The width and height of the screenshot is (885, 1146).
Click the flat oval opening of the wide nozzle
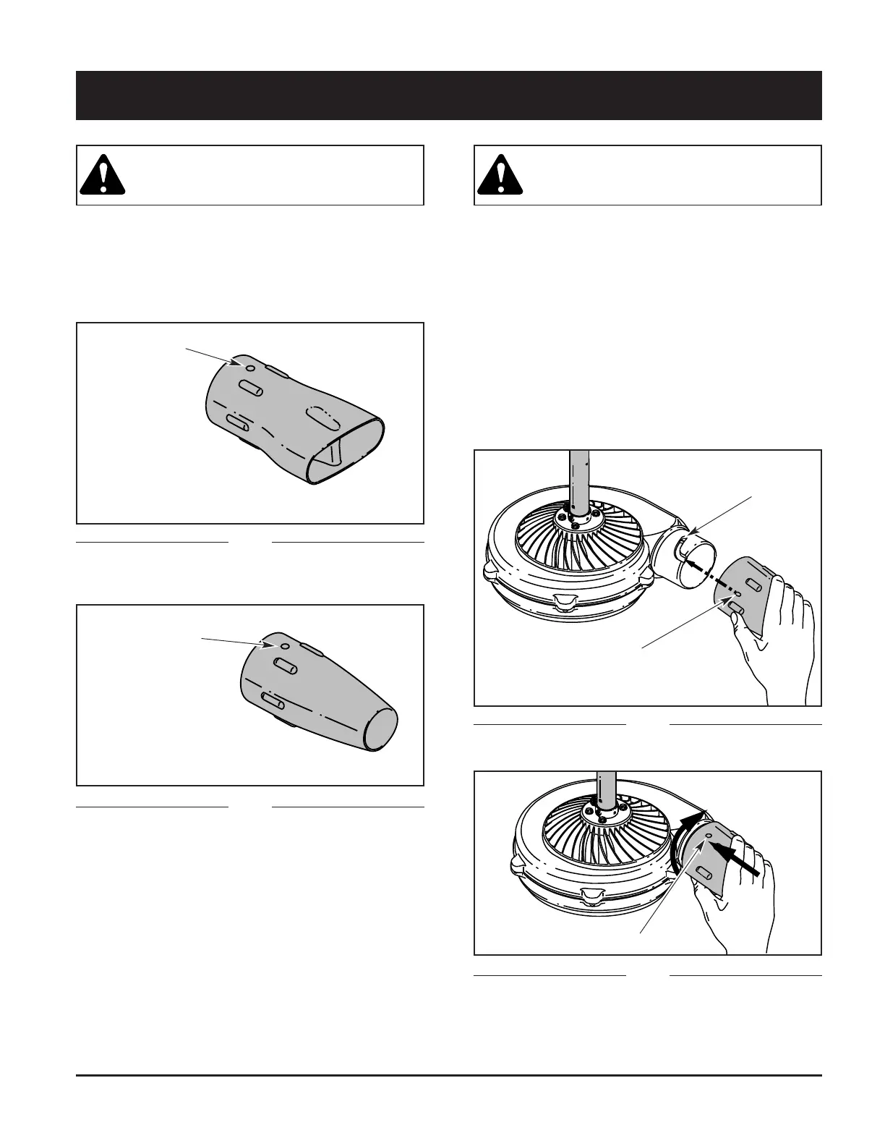[347, 450]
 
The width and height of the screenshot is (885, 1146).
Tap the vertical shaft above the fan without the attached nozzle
[580, 477]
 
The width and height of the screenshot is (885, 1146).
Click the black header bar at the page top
[448, 95]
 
